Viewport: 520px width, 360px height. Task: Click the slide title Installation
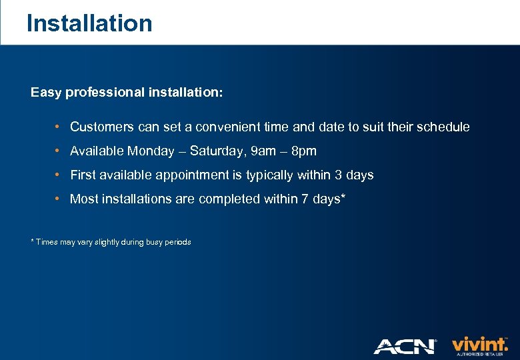[89, 23]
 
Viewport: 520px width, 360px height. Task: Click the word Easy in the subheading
[45, 93]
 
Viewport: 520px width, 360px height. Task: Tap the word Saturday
[217, 151]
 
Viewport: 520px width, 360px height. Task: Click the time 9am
[263, 151]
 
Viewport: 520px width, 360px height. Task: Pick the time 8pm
[304, 151]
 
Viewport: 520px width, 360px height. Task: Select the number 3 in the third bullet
[339, 175]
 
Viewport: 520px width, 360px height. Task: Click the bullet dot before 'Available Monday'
[59, 151]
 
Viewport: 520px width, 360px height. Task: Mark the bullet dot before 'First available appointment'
[59, 175]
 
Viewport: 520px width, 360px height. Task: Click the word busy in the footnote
[147, 242]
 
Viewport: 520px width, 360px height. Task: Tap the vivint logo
[479, 345]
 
